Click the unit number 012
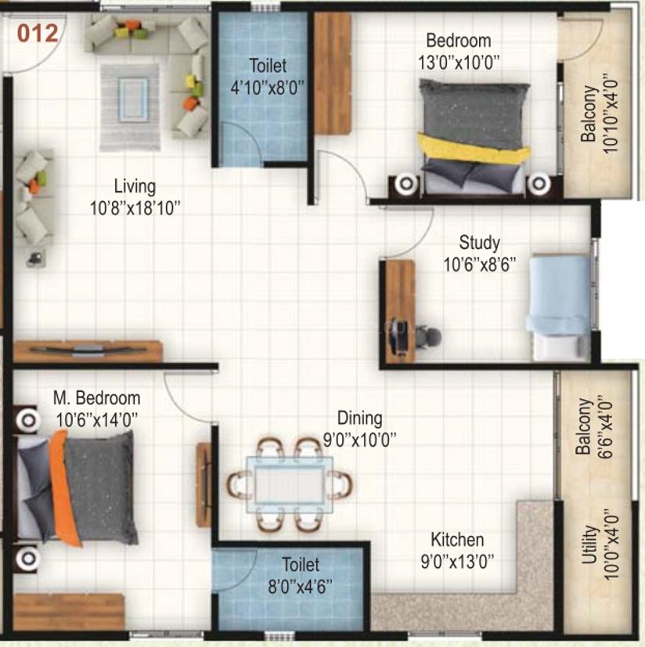tap(38, 33)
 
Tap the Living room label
tap(135, 186)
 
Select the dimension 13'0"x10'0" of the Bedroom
tap(459, 63)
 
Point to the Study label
tap(479, 243)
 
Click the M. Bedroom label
tap(96, 398)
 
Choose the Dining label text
tap(359, 419)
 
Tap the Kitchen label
tap(457, 540)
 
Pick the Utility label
tap(589, 545)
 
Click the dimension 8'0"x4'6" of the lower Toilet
tap(301, 586)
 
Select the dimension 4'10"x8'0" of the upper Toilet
tap(268, 88)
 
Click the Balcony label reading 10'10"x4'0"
tap(599, 114)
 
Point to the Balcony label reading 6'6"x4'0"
tap(594, 426)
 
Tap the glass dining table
tap(290, 484)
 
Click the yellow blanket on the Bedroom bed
tap(474, 148)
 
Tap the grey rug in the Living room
tap(130, 107)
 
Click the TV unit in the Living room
tap(87, 351)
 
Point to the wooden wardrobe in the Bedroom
tap(333, 74)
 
